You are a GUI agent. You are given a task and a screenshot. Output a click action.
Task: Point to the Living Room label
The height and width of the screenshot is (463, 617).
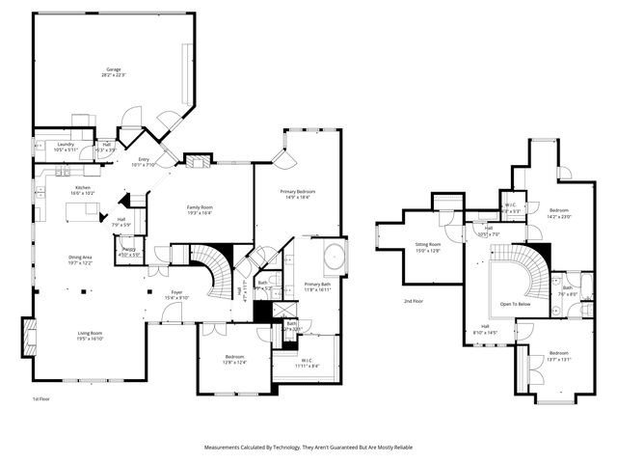coord(91,334)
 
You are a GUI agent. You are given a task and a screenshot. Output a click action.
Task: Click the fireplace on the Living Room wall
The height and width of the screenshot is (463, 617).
coord(27,340)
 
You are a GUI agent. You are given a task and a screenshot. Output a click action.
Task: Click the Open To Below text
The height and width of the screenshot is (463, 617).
coord(516,304)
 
